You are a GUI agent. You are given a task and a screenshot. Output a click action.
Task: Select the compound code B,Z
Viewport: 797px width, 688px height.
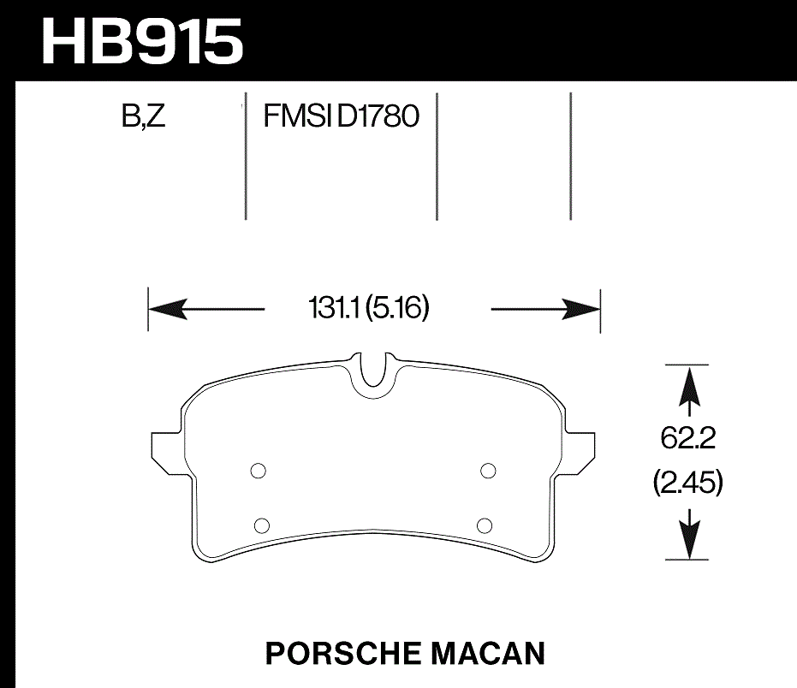144,116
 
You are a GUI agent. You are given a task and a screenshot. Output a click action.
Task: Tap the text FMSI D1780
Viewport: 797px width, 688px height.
341,116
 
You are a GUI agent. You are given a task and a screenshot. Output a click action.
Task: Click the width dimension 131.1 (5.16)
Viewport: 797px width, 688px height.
369,307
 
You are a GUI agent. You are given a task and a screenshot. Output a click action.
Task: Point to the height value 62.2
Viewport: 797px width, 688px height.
687,440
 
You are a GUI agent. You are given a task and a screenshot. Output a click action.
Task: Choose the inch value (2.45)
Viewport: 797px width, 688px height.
687,483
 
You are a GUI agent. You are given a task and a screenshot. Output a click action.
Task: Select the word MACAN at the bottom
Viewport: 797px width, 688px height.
491,654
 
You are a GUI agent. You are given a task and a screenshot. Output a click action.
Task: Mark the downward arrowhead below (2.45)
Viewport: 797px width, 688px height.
687,539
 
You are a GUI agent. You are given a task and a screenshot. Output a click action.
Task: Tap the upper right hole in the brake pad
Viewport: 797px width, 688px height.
489,470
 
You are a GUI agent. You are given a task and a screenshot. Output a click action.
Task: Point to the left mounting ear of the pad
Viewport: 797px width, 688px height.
164,448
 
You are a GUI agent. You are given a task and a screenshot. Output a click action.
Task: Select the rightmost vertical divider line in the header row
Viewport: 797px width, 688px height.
571,156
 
